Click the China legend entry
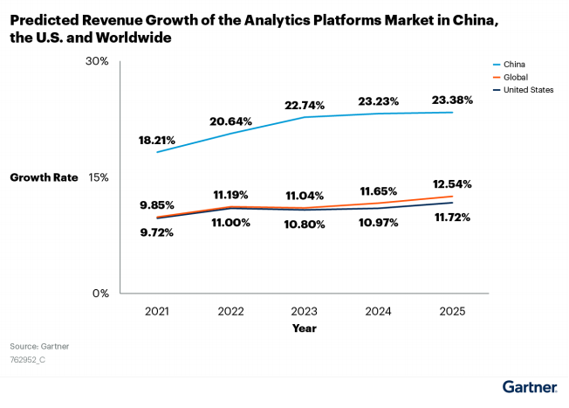point(515,64)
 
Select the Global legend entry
point(517,77)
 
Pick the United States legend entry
point(527,90)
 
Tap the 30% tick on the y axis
point(97,61)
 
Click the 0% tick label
point(100,294)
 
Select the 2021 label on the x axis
point(157,311)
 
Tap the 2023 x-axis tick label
point(305,311)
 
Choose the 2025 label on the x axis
point(452,311)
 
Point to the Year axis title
point(305,328)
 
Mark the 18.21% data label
point(157,139)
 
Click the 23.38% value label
point(452,100)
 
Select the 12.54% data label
point(452,184)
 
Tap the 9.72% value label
point(157,232)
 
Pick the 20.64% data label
point(230,121)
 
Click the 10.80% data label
point(305,225)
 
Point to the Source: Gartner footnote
point(39,346)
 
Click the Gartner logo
point(531,385)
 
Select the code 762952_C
point(28,359)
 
